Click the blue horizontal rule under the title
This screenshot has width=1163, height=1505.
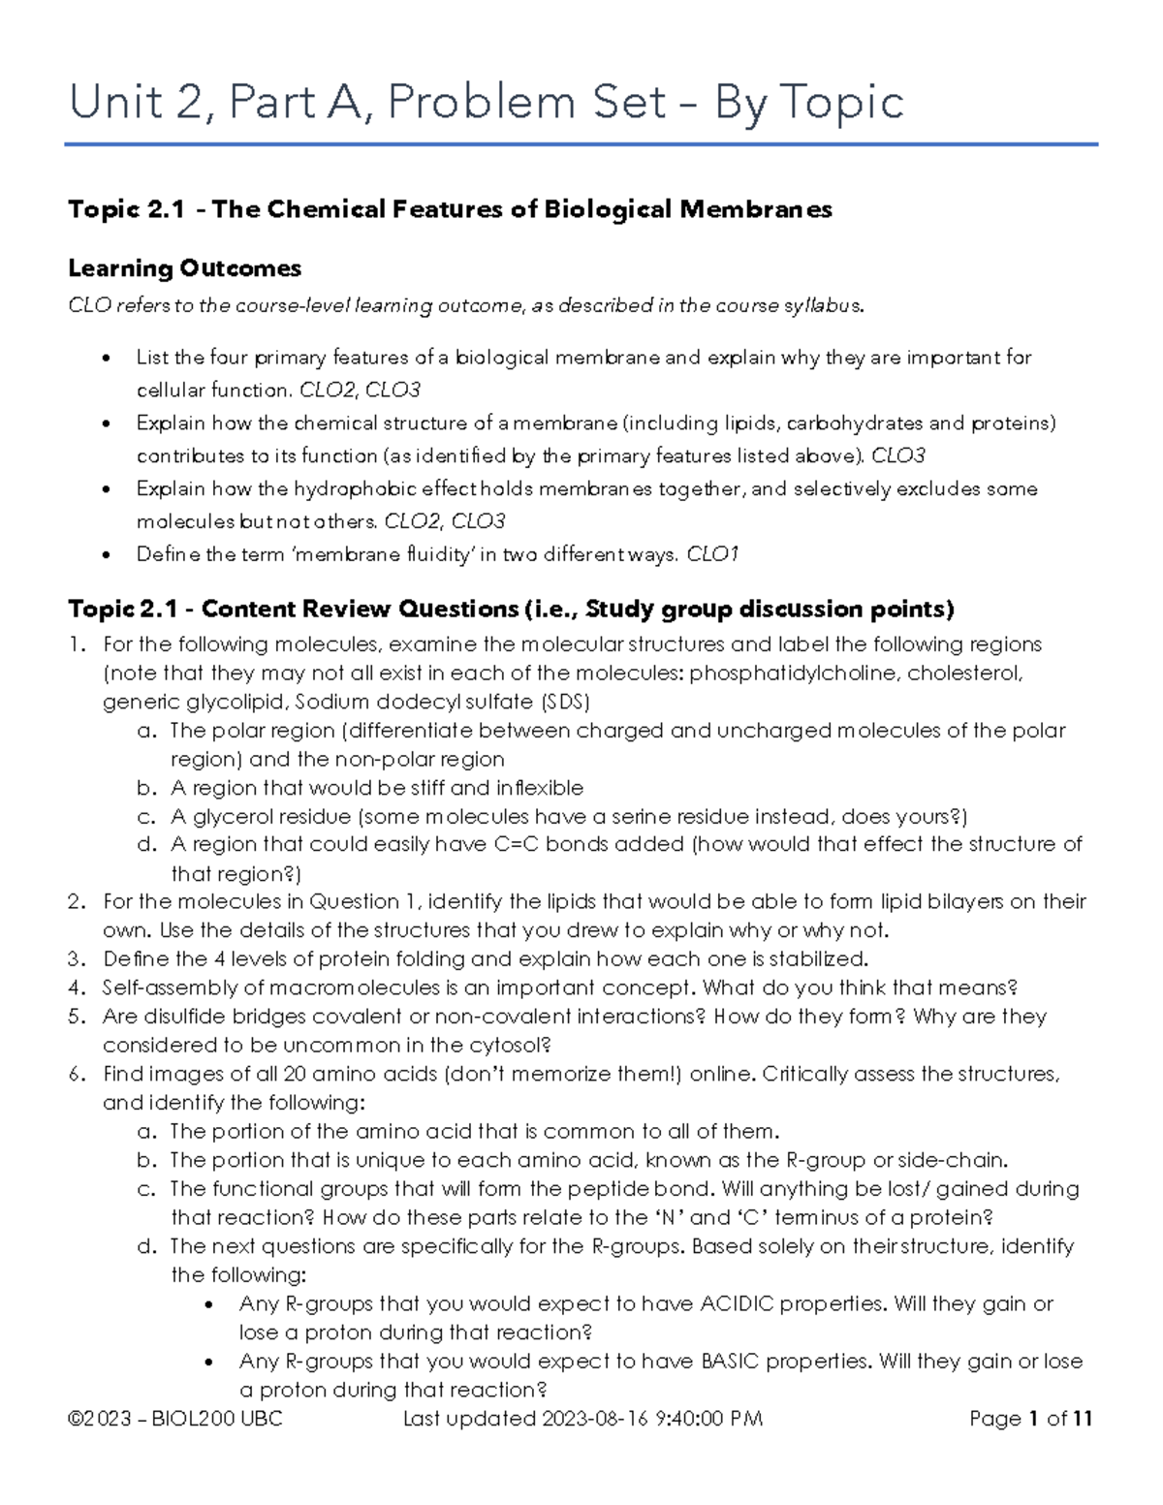[x=581, y=145]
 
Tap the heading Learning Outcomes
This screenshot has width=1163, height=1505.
[x=184, y=268]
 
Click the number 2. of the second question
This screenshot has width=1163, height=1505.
[x=78, y=901]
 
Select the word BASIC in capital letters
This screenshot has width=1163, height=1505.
[x=727, y=1361]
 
